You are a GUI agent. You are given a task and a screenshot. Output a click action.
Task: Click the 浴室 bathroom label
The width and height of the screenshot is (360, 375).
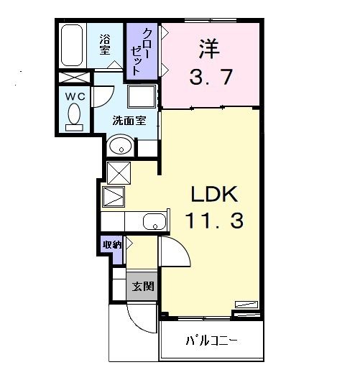pyautogui.click(x=104, y=45)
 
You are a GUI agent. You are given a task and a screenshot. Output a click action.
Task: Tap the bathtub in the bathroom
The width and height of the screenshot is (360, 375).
pyautogui.click(x=73, y=46)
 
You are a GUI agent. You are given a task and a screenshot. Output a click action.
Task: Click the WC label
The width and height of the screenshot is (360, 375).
pyautogui.click(x=75, y=96)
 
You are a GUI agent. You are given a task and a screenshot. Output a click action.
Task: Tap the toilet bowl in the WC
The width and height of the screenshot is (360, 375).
pyautogui.click(x=74, y=115)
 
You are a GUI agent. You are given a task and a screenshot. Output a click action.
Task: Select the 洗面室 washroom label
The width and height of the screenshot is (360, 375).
pyautogui.click(x=129, y=120)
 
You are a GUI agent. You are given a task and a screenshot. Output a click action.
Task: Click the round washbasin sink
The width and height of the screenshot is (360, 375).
pyautogui.click(x=121, y=147)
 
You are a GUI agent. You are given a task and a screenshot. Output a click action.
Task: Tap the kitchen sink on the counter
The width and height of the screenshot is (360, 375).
pyautogui.click(x=154, y=222)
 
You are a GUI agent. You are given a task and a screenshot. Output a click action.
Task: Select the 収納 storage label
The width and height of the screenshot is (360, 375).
pyautogui.click(x=112, y=244)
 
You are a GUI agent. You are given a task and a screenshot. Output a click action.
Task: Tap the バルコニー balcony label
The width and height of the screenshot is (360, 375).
pyautogui.click(x=211, y=341)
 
